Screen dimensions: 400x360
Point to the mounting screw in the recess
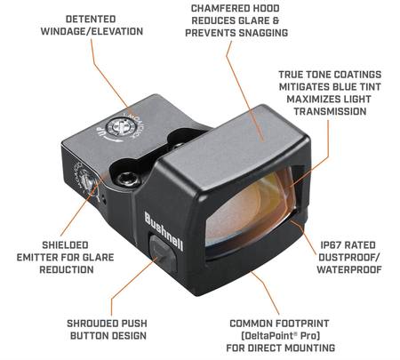click(x=128, y=179)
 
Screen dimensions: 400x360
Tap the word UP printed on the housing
click(x=101, y=132)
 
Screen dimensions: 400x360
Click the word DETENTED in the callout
click(x=91, y=20)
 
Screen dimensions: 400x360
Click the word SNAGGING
click(x=263, y=33)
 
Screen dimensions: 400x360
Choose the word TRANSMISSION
click(x=330, y=111)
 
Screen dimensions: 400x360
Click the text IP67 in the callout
click(x=332, y=245)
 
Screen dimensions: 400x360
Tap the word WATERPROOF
click(x=349, y=269)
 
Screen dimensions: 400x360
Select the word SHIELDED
click(x=65, y=245)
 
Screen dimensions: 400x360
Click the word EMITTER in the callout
click(x=36, y=258)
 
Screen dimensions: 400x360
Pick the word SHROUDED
click(x=90, y=324)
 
